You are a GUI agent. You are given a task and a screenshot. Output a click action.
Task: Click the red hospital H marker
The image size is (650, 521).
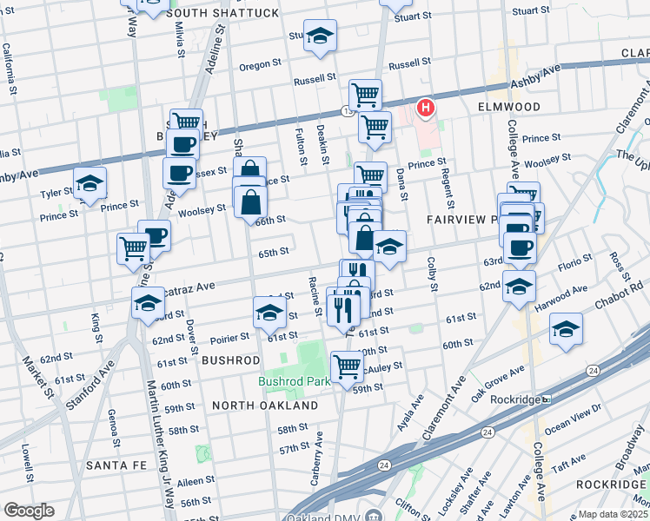click(x=426, y=109)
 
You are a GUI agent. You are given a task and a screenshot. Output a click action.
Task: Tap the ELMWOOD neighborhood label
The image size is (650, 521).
click(x=508, y=107)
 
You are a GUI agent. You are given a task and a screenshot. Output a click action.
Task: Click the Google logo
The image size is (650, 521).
click(x=29, y=511)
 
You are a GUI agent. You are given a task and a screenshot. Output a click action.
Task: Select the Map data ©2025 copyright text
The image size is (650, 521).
click(x=613, y=514)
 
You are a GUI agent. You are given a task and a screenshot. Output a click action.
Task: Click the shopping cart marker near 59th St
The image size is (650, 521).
click(x=347, y=366)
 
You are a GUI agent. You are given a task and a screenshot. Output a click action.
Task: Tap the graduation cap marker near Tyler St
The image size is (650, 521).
click(x=90, y=183)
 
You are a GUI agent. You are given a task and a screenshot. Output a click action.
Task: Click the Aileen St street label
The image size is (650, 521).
click(x=196, y=480)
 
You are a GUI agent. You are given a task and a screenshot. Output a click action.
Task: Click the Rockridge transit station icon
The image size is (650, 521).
click(x=546, y=399)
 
